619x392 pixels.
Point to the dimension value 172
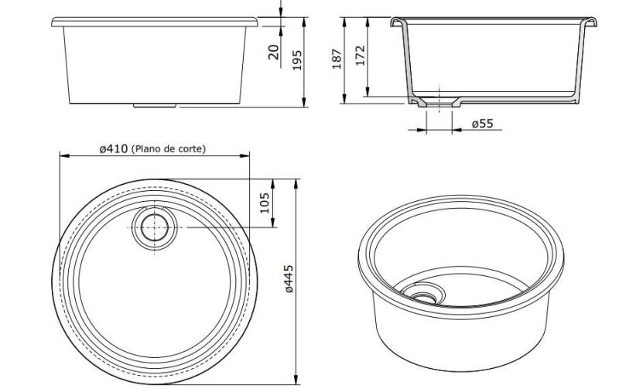(361, 56)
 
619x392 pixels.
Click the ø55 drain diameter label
(482, 124)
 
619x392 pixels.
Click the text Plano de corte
(169, 148)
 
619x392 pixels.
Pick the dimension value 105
(265, 203)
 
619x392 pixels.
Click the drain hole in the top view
(156, 228)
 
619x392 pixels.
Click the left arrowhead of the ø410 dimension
(63, 155)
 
